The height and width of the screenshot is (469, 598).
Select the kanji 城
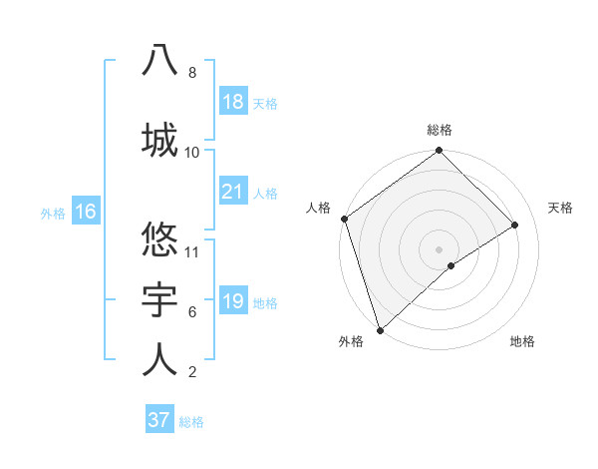pos(159,138)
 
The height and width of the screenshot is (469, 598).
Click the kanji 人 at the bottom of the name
pos(159,359)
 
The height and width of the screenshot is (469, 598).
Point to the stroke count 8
pos(191,73)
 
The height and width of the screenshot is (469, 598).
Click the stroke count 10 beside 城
pos(192,153)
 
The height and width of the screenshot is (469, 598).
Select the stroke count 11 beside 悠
pos(192,251)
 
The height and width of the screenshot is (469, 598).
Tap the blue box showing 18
pos(232,102)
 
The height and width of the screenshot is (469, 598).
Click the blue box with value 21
pos(232,192)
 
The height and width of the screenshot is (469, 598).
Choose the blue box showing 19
pos(232,301)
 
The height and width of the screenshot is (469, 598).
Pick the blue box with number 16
pos(85,212)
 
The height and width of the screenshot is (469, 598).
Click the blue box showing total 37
pos(158,420)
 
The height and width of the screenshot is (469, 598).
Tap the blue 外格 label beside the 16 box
pos(53,213)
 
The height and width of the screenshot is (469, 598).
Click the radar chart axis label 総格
pos(440,130)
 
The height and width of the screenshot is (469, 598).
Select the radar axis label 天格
pos(561,208)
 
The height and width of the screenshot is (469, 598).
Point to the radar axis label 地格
pos(522,341)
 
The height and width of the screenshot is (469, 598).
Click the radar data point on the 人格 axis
pos(344,219)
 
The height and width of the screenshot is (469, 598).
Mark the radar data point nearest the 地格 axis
pos(451,265)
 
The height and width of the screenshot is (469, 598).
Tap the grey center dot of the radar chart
pos(439,247)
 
